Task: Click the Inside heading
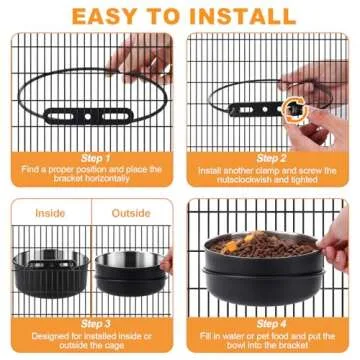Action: [50, 212]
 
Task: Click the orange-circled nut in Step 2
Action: [295, 105]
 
